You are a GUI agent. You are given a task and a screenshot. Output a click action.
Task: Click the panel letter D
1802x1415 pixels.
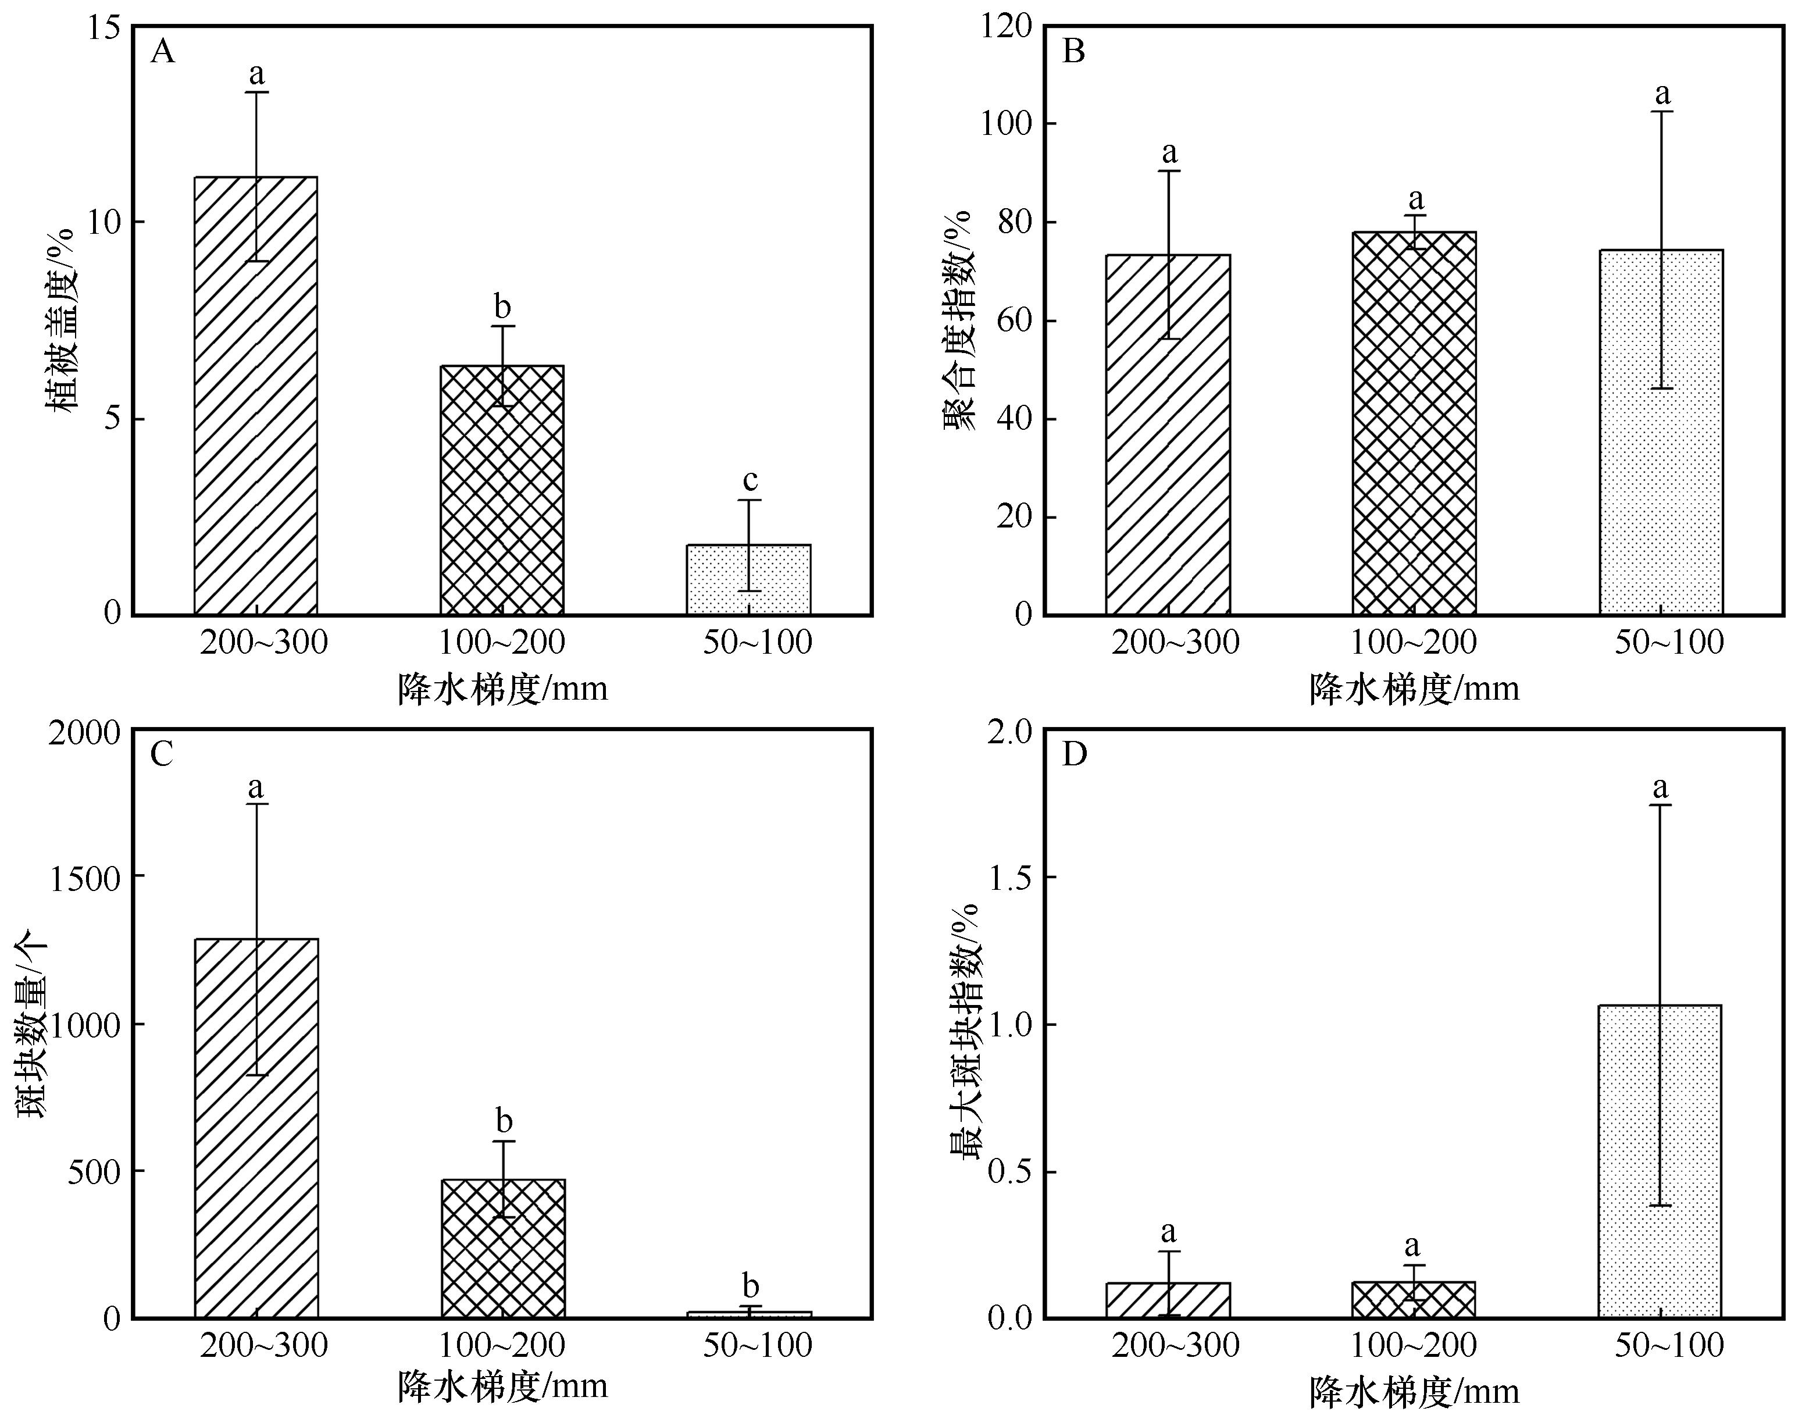click(1074, 755)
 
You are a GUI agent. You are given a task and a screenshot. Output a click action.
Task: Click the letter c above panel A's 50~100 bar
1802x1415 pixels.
click(750, 480)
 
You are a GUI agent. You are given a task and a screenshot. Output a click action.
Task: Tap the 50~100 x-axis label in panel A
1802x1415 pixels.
click(758, 643)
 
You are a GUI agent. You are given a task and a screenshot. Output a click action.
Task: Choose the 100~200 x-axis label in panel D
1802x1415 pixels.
click(1414, 1345)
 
